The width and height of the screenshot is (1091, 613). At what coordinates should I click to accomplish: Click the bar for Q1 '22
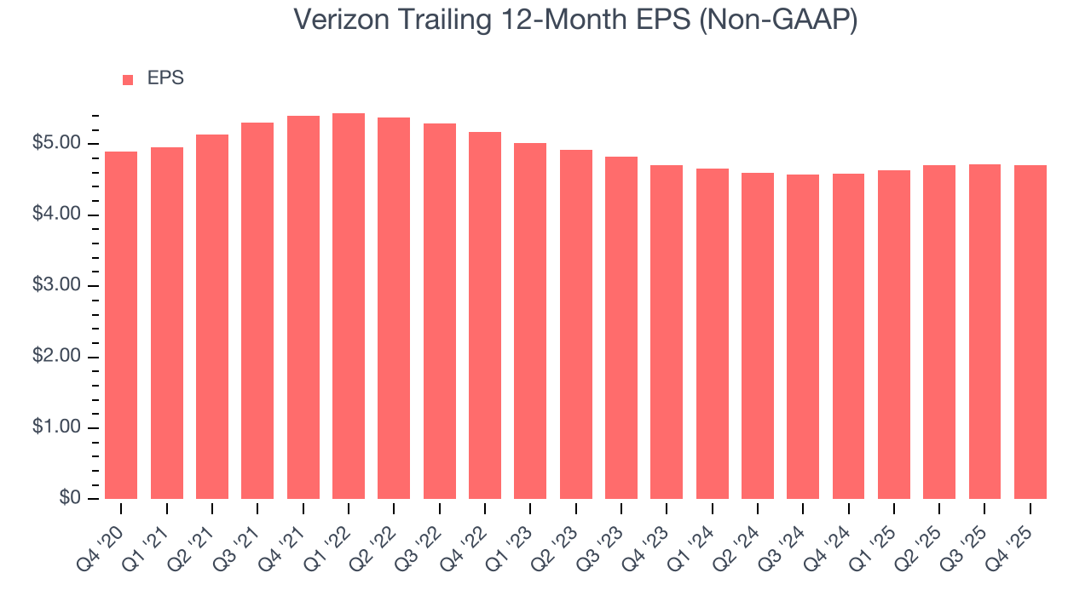pyautogui.click(x=349, y=306)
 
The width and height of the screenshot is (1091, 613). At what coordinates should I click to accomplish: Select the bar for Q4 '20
pyautogui.click(x=121, y=325)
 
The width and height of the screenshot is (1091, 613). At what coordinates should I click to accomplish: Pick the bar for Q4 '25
pyautogui.click(x=1030, y=332)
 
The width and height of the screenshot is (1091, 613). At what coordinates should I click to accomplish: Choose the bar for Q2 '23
pyautogui.click(x=576, y=324)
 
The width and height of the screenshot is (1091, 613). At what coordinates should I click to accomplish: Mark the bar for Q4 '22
pyautogui.click(x=485, y=315)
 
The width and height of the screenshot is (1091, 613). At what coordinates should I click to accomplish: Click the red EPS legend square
pyautogui.click(x=128, y=79)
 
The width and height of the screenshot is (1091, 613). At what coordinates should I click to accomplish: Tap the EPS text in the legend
pyautogui.click(x=165, y=78)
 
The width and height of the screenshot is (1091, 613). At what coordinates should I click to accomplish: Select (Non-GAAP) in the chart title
pyautogui.click(x=777, y=20)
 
